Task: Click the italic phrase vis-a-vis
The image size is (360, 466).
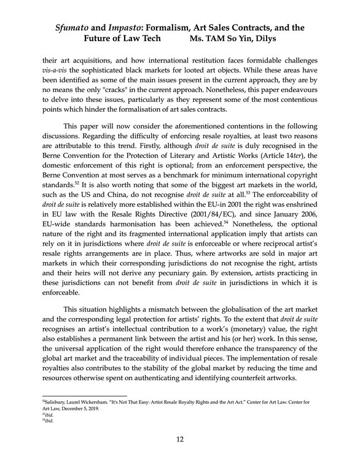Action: coord(53,72)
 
